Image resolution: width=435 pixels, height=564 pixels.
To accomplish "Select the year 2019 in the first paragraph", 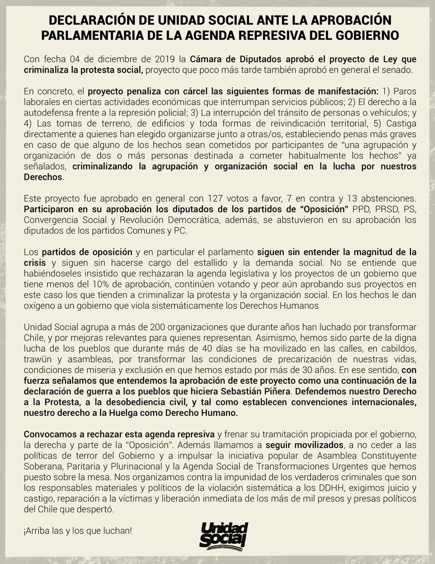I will pyautogui.click(x=165, y=59).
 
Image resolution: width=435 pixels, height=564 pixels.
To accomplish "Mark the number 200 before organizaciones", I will pyautogui.click(x=158, y=327).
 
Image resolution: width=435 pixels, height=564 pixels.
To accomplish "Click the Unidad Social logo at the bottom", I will pyautogui.click(x=224, y=534).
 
